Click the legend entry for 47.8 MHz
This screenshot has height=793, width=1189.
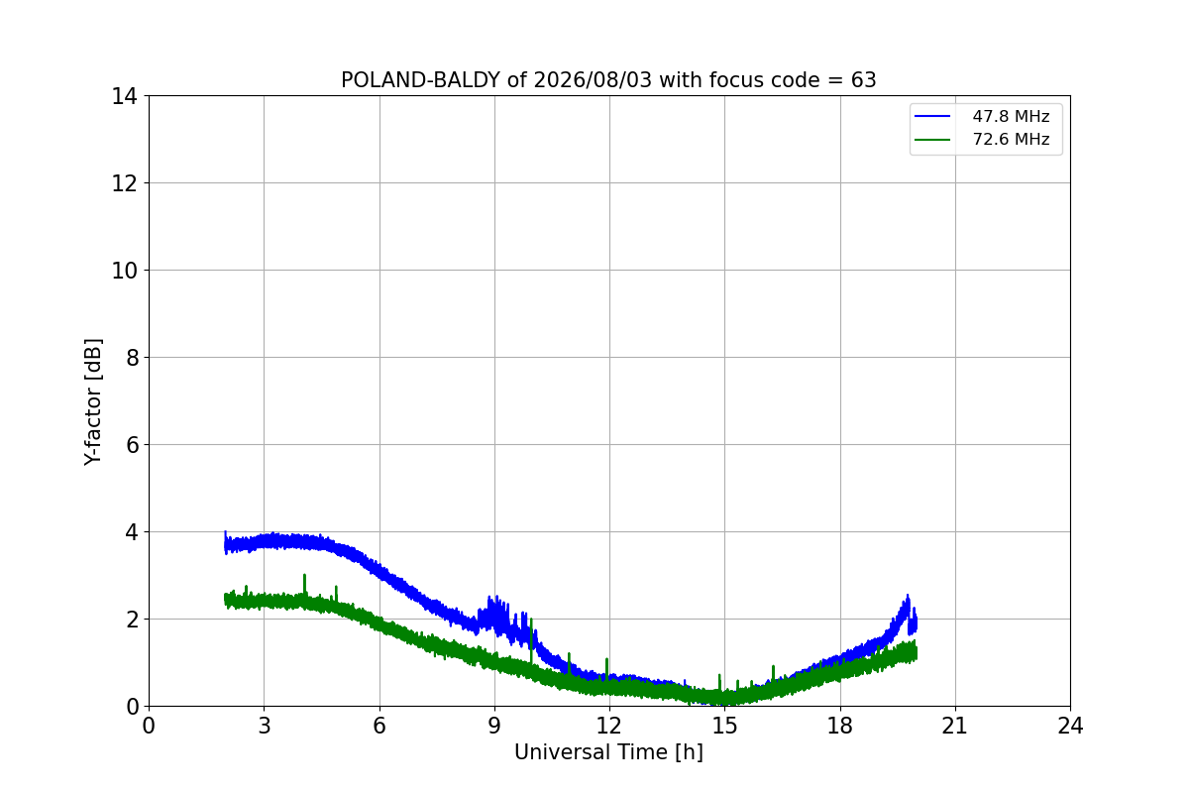click(x=982, y=116)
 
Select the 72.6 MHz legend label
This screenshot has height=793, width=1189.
click(x=1011, y=139)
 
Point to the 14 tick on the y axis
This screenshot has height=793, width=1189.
click(x=124, y=96)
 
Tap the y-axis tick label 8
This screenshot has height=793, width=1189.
click(x=132, y=358)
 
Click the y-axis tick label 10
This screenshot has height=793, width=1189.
click(x=124, y=271)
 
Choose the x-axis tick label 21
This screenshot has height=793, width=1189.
click(x=955, y=726)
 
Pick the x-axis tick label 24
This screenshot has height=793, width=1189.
click(x=1070, y=726)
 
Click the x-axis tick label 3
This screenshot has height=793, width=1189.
click(x=265, y=726)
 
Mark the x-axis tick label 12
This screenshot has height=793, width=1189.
click(x=608, y=726)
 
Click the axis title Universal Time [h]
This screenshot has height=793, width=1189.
click(x=608, y=752)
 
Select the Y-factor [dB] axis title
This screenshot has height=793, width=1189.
click(x=93, y=402)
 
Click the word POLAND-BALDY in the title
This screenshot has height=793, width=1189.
click(x=420, y=80)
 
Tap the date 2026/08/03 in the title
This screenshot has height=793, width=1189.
click(x=592, y=80)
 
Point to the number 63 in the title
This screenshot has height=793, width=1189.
click(x=864, y=80)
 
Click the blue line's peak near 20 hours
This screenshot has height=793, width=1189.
click(x=908, y=596)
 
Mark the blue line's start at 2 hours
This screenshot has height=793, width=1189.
click(x=225, y=543)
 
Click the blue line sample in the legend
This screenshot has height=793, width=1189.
click(x=932, y=116)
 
